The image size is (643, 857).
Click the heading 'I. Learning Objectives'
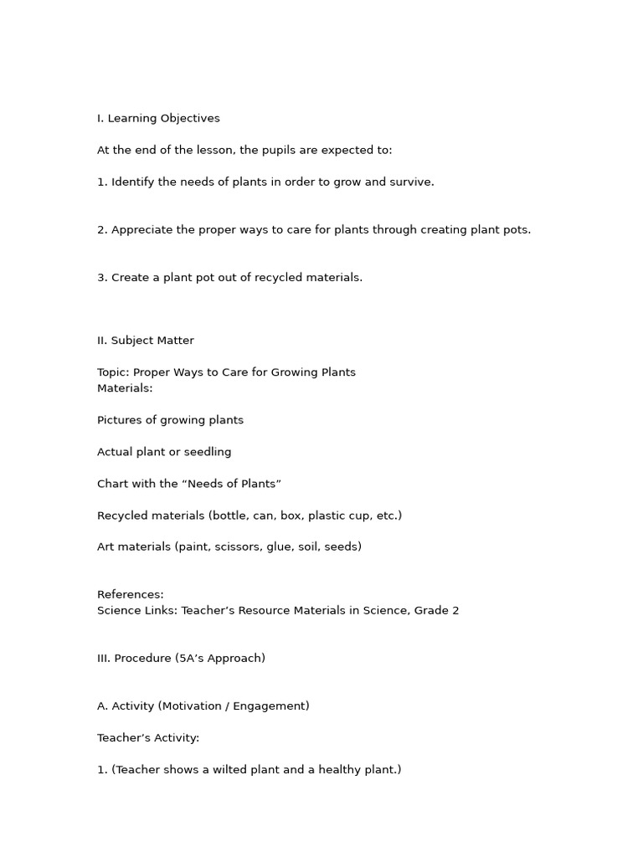158,119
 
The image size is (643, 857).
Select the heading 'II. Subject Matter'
146,341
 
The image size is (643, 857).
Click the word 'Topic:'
113,372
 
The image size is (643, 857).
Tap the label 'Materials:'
125,388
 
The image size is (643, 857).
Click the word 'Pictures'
121,420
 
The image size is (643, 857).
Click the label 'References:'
131,595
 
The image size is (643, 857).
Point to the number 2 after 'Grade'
455,611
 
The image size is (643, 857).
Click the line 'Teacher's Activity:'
148,738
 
